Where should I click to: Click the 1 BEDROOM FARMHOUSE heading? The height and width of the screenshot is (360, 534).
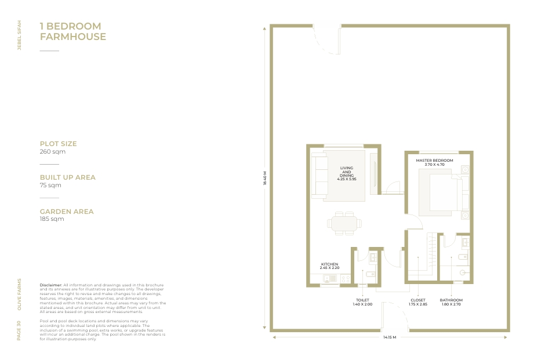(x=73, y=31)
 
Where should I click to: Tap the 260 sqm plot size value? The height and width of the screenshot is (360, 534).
(x=52, y=151)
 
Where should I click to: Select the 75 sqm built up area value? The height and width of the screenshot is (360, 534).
(x=50, y=186)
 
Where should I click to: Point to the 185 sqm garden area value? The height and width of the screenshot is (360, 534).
(x=52, y=219)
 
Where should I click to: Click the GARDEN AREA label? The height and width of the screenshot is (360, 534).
(x=67, y=212)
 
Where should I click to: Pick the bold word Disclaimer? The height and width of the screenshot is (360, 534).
(x=51, y=285)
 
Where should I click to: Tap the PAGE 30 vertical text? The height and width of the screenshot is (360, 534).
(x=19, y=330)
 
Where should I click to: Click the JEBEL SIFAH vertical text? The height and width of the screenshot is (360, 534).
(x=19, y=35)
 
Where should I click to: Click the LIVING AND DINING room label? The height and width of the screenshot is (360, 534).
(x=347, y=173)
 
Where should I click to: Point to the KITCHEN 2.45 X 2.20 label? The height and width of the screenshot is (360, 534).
(x=330, y=266)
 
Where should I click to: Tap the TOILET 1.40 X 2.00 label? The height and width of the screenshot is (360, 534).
(x=362, y=302)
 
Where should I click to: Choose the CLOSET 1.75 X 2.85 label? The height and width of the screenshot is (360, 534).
(x=418, y=302)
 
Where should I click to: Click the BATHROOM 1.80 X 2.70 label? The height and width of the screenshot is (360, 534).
(x=451, y=302)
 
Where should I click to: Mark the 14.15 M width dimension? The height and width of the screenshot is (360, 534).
(x=390, y=337)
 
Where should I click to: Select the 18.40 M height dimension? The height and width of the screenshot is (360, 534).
(x=264, y=178)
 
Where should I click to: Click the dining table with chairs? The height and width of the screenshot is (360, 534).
(x=344, y=223)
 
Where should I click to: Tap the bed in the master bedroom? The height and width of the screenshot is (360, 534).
(x=444, y=193)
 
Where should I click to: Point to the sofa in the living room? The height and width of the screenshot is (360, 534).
(x=319, y=176)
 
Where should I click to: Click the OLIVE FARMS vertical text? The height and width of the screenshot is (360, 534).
(x=19, y=294)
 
